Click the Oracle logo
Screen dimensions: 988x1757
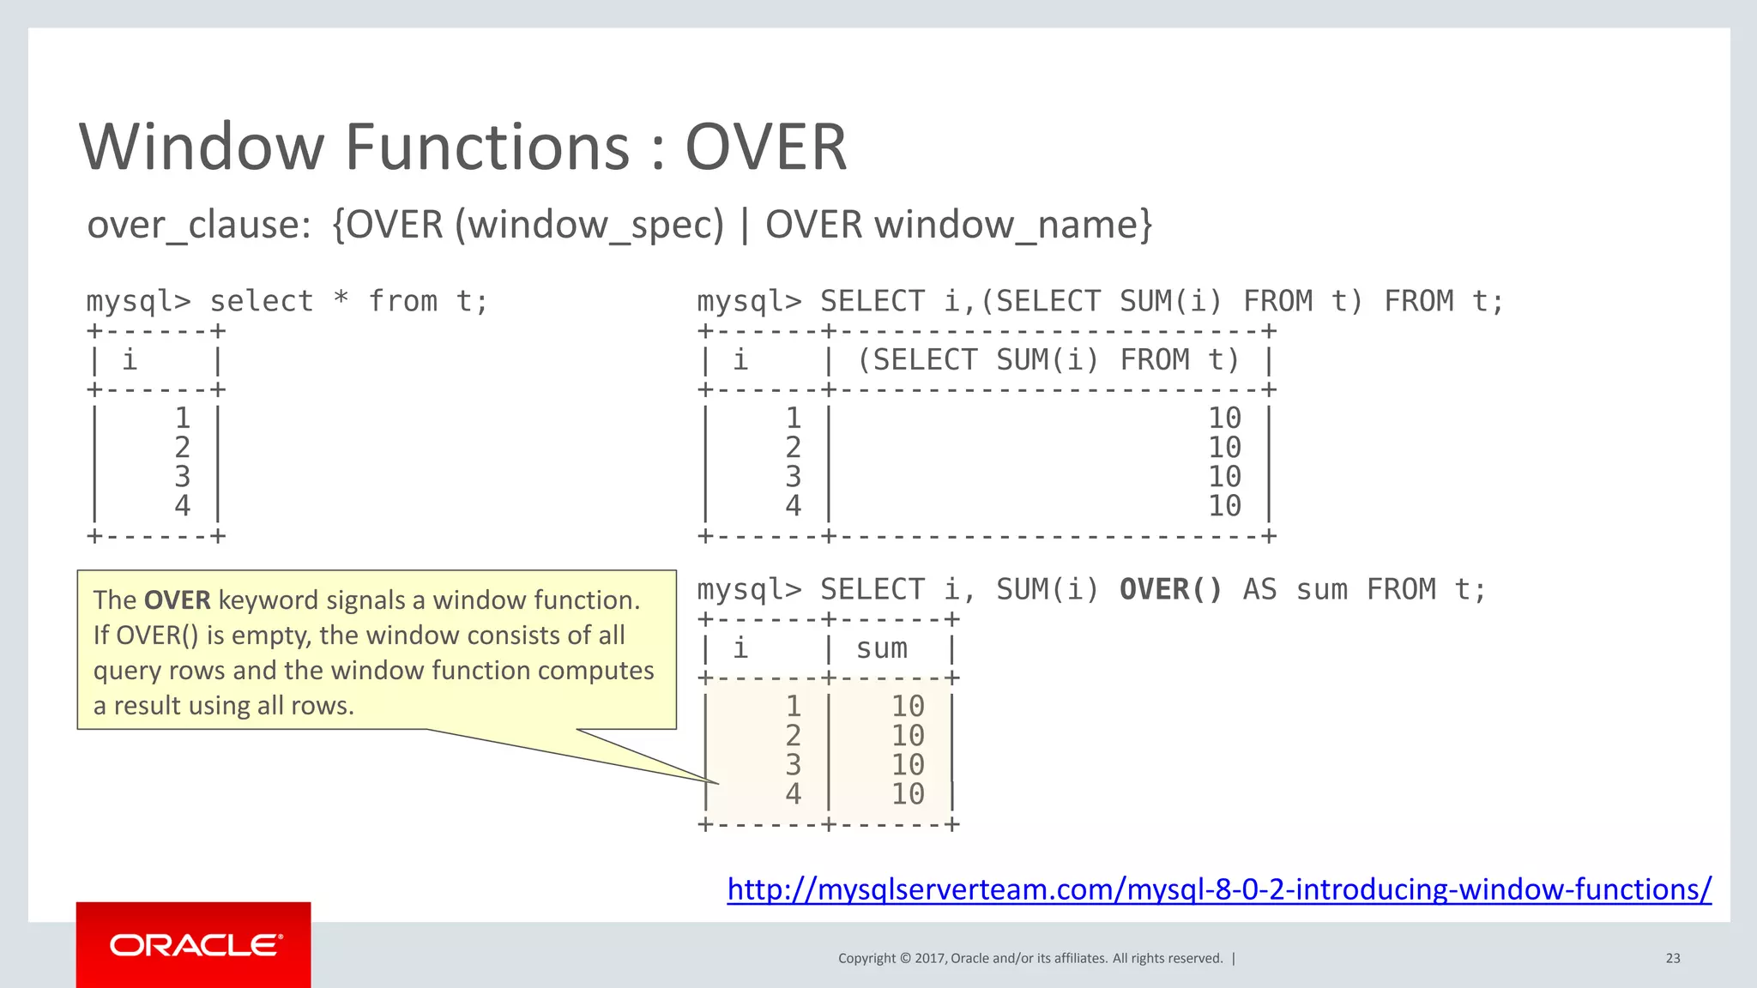click(195, 945)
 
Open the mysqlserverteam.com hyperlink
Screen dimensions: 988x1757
click(1219, 889)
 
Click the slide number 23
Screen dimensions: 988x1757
click(1672, 958)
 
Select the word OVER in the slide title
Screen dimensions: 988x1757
click(765, 148)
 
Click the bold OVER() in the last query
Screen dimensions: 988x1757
click(1170, 590)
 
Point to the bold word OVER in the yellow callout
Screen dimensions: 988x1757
click(177, 600)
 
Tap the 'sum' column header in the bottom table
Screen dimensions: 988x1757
click(881, 648)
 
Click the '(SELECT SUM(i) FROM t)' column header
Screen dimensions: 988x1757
click(1048, 360)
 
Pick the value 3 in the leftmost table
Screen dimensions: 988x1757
click(182, 477)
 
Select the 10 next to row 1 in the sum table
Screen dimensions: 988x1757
click(907, 707)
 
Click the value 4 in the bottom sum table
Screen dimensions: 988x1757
click(793, 794)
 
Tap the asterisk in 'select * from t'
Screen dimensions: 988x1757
click(341, 299)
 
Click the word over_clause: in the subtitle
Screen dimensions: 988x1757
click(199, 226)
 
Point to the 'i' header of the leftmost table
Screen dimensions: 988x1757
click(130, 360)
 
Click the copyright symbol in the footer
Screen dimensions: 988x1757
click(904, 958)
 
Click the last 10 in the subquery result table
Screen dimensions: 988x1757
click(1223, 506)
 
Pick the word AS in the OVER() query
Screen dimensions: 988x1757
click(1259, 590)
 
